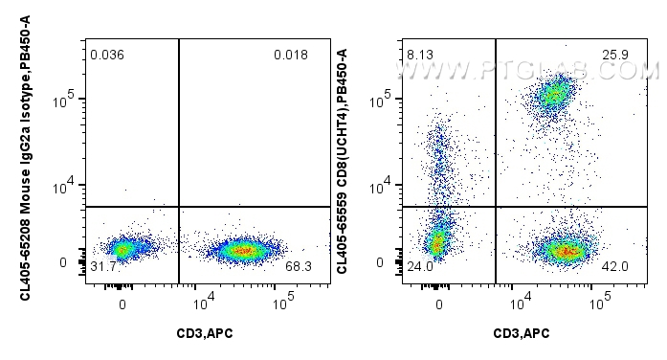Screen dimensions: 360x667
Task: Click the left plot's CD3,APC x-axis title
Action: tap(204, 332)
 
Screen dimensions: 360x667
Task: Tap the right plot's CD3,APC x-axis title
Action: tap(520, 332)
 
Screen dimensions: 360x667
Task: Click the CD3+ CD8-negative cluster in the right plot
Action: tap(565, 251)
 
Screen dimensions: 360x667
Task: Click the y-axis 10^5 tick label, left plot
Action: tap(69, 100)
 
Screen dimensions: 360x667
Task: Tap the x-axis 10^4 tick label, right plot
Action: tap(520, 304)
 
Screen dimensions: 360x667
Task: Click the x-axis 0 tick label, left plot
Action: tap(122, 304)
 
